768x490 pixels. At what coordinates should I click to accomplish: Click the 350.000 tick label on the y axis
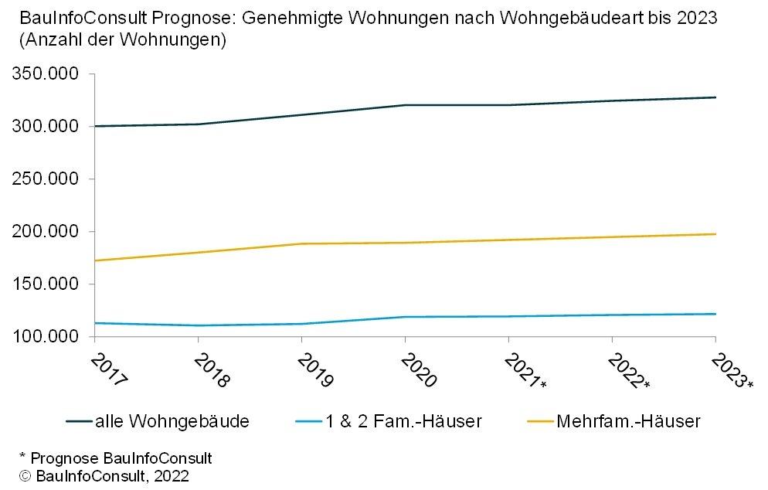46,74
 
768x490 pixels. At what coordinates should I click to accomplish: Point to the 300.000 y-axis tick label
46,126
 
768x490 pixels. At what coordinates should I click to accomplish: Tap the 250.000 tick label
46,179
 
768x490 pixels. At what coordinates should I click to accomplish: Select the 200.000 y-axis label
46,231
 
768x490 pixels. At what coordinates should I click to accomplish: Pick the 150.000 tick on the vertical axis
46,284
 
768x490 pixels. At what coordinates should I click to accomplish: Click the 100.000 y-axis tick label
46,336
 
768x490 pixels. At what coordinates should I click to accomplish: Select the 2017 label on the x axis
107,370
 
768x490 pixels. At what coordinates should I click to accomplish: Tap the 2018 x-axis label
211,370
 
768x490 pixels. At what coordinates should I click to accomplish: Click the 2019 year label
314,370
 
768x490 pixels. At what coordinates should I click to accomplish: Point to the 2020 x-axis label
418,370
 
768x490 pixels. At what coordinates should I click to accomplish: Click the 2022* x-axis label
627,372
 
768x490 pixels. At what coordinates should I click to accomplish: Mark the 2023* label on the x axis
731,372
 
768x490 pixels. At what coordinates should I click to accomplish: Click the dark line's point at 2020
405,105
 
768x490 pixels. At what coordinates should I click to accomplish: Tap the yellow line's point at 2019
301,243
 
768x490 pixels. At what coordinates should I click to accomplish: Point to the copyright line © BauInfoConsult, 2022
104,475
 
